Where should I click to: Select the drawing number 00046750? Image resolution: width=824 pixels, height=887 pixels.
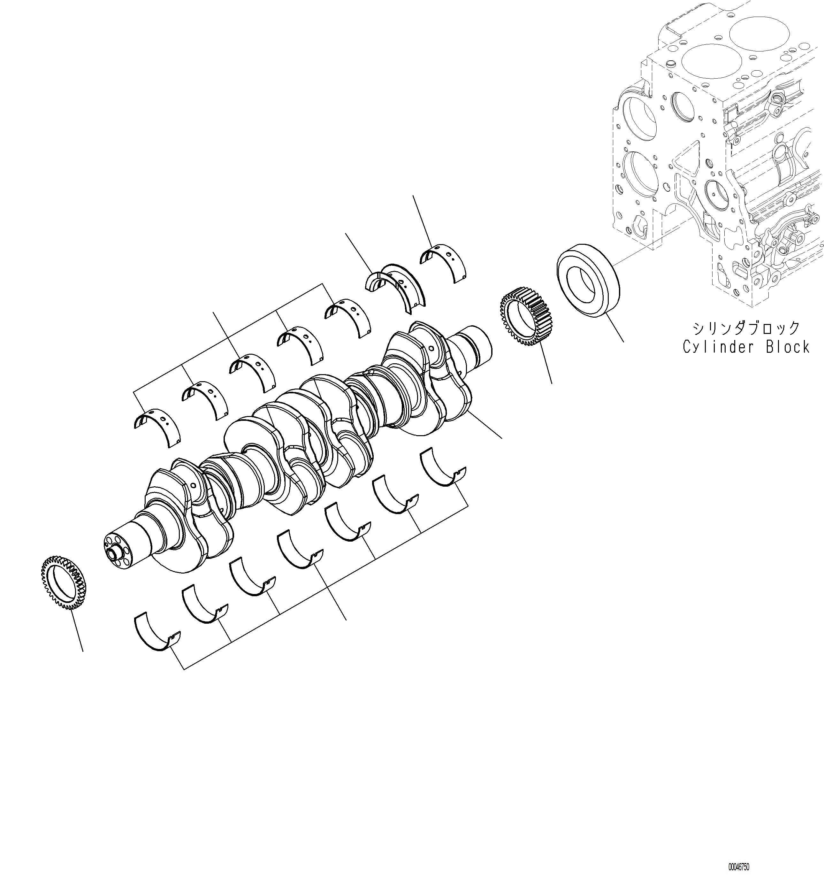click(x=738, y=867)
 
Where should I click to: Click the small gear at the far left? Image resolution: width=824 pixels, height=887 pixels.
click(x=63, y=582)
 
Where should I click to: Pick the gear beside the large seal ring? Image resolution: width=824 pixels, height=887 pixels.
click(x=526, y=317)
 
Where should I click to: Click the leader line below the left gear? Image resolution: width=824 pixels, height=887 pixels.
click(x=77, y=629)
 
